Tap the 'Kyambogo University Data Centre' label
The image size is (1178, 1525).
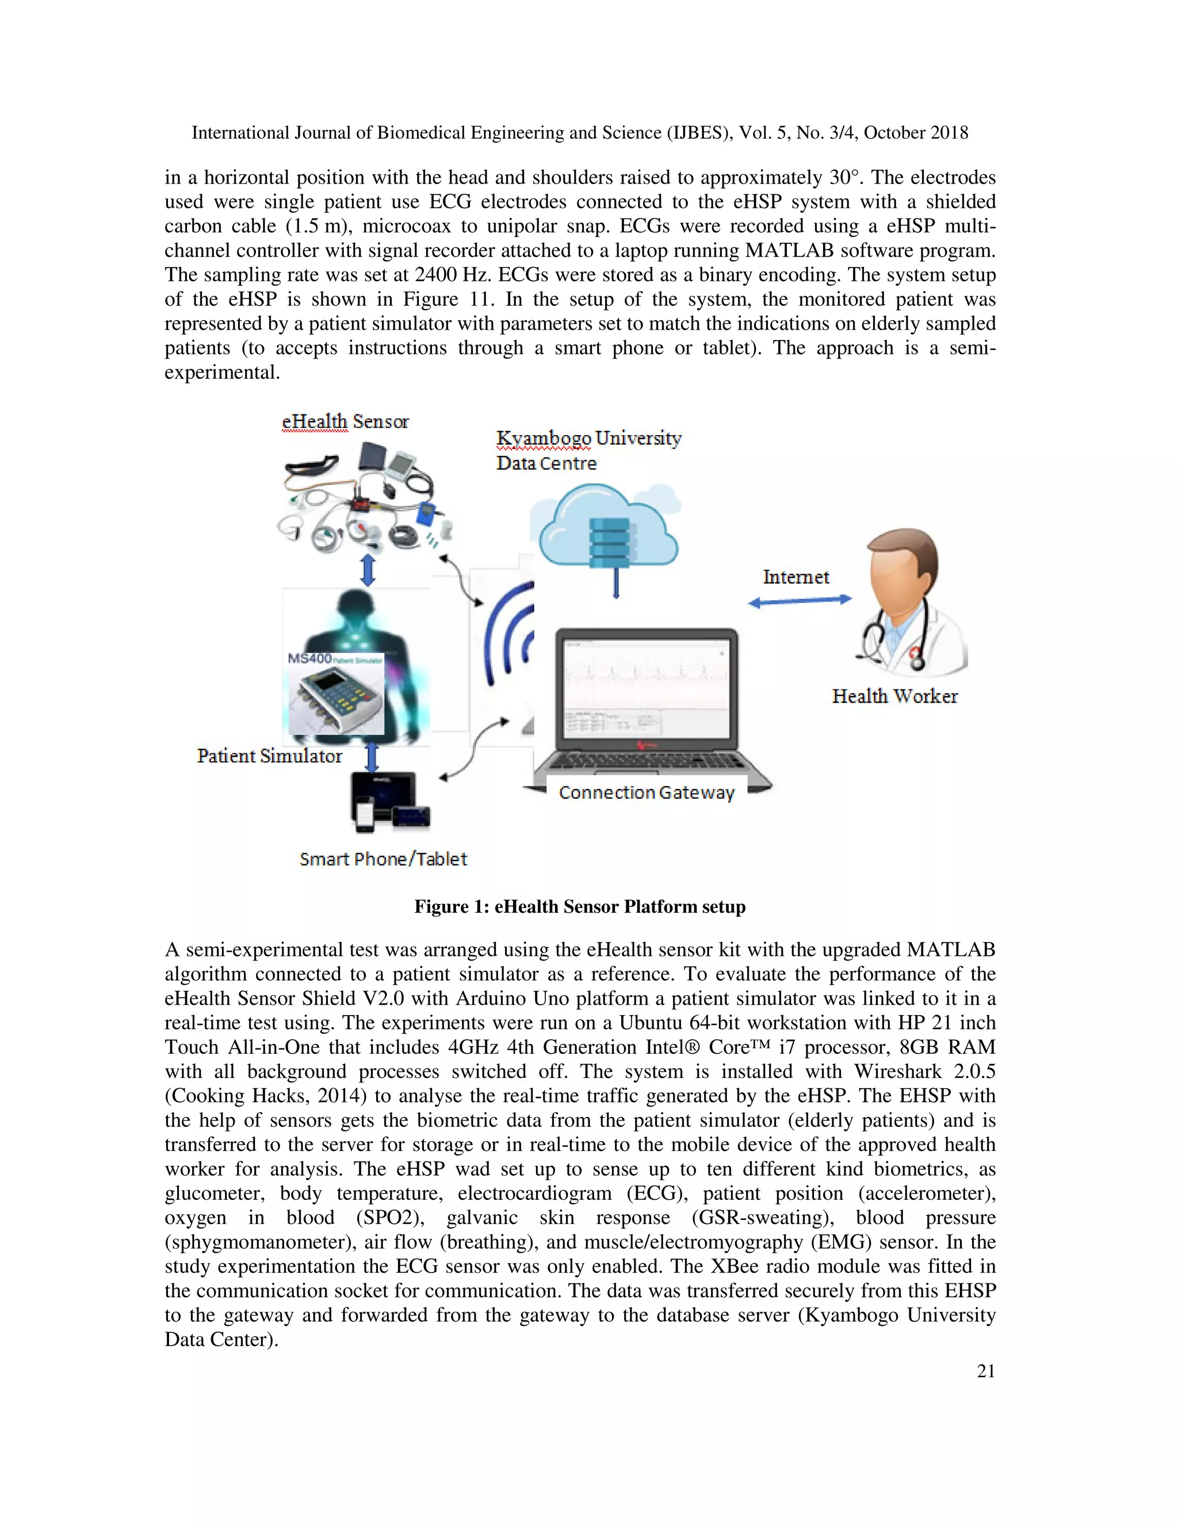(x=588, y=451)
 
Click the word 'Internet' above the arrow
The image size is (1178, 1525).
(x=795, y=577)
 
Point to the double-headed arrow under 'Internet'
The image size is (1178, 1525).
(x=800, y=600)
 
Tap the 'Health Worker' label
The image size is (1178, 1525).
(x=894, y=696)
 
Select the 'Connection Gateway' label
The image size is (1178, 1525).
(x=646, y=792)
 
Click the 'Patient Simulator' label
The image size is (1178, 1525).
(x=269, y=756)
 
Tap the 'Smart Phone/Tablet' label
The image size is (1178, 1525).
(x=383, y=859)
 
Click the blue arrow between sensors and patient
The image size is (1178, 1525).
(x=368, y=570)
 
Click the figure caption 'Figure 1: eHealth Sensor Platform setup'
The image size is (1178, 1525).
(x=580, y=906)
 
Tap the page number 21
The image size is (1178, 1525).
(x=985, y=1371)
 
